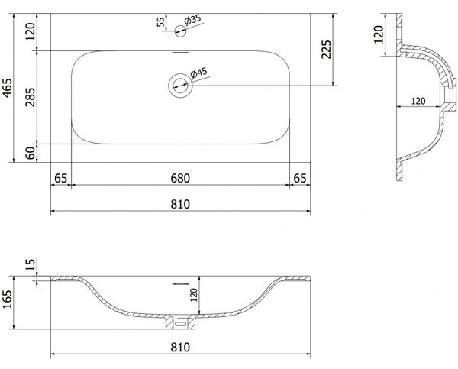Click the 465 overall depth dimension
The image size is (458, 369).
[x=7, y=87]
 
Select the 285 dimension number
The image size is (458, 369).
[x=30, y=97]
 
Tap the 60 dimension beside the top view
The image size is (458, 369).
[x=30, y=153]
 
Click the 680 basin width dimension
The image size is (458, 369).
[x=180, y=178]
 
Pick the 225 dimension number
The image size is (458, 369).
[x=326, y=50]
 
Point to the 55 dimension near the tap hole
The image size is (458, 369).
[x=160, y=22]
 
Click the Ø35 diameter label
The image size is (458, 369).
[x=192, y=20]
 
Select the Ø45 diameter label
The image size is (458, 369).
[x=198, y=73]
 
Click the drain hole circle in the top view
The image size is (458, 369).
[x=180, y=86]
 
